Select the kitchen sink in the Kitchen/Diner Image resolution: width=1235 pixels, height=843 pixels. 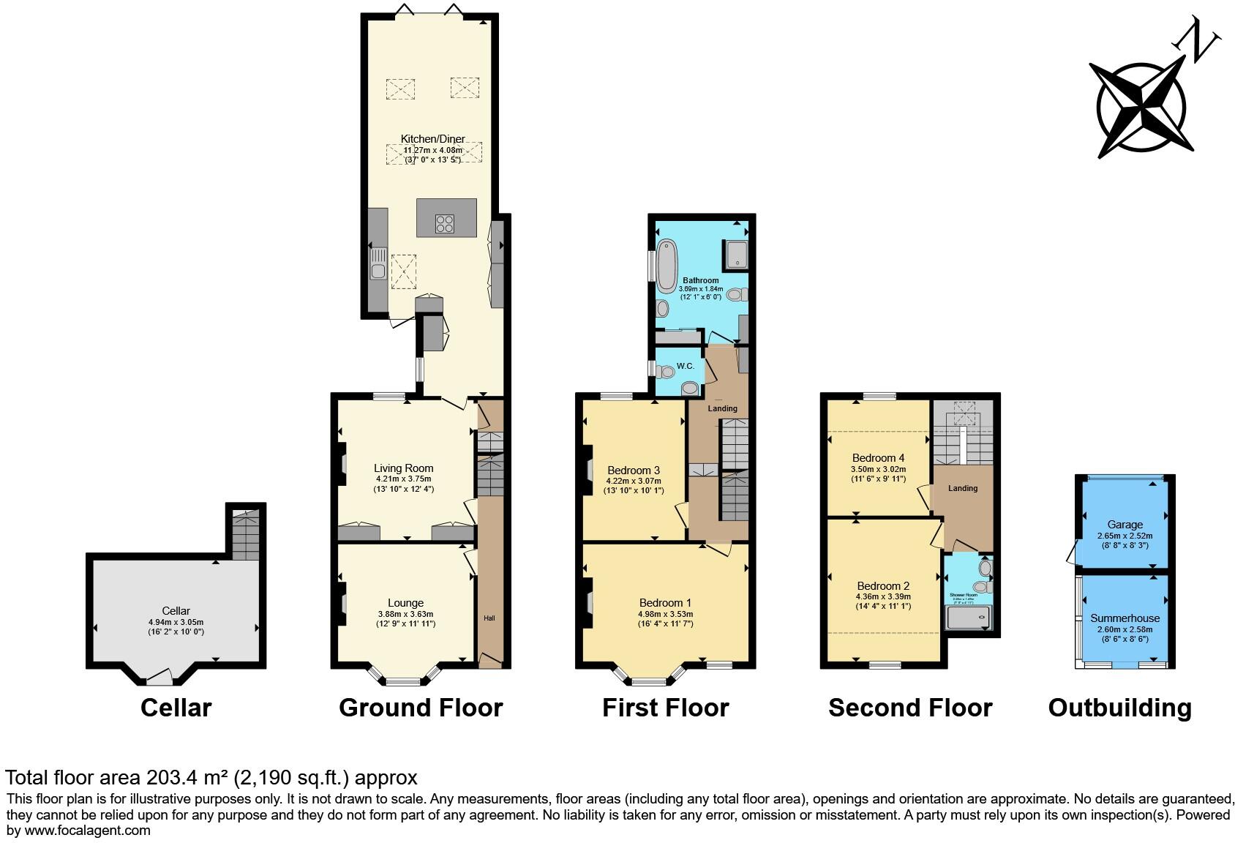click(378, 271)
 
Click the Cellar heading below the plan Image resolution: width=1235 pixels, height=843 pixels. click(176, 708)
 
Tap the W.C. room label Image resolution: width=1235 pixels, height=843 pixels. click(685, 366)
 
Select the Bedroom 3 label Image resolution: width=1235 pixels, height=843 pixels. click(634, 470)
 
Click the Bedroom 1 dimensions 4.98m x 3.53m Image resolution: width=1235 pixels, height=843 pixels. click(665, 614)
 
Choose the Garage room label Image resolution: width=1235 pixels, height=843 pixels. click(1125, 525)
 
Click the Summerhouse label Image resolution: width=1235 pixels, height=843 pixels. click(1125, 618)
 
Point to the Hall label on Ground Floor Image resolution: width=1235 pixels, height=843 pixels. click(489, 618)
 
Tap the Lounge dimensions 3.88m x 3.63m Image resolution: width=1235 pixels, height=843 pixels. click(405, 614)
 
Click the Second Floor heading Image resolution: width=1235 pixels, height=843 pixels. click(910, 708)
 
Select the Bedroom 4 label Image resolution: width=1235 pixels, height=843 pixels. click(878, 458)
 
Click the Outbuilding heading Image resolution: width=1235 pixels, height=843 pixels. click(1119, 708)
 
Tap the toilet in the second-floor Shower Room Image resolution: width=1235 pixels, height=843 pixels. click(985, 568)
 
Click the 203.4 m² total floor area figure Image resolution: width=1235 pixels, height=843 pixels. click(187, 777)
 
